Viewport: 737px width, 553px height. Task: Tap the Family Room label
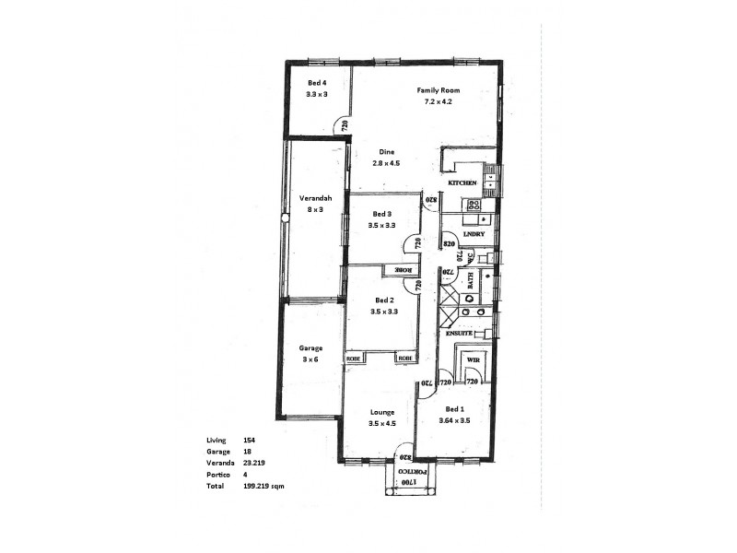(438, 90)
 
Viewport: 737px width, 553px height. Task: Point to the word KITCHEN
(462, 184)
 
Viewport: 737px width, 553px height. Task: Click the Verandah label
(315, 198)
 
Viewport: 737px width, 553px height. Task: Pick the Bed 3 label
(382, 214)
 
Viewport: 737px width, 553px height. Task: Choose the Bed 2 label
(384, 300)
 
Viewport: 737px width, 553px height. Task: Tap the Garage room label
(310, 347)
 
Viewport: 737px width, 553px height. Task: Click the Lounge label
(382, 412)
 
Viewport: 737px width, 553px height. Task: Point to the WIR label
(474, 359)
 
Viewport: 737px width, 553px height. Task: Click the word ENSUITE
(459, 333)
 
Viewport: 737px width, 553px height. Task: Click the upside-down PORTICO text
(415, 469)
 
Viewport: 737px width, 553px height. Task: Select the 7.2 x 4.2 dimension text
(438, 102)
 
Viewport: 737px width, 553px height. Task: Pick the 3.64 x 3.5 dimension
(456, 419)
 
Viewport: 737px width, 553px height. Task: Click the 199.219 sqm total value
(263, 485)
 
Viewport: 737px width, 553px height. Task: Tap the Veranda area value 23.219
(254, 463)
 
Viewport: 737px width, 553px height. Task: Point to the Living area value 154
(249, 441)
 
